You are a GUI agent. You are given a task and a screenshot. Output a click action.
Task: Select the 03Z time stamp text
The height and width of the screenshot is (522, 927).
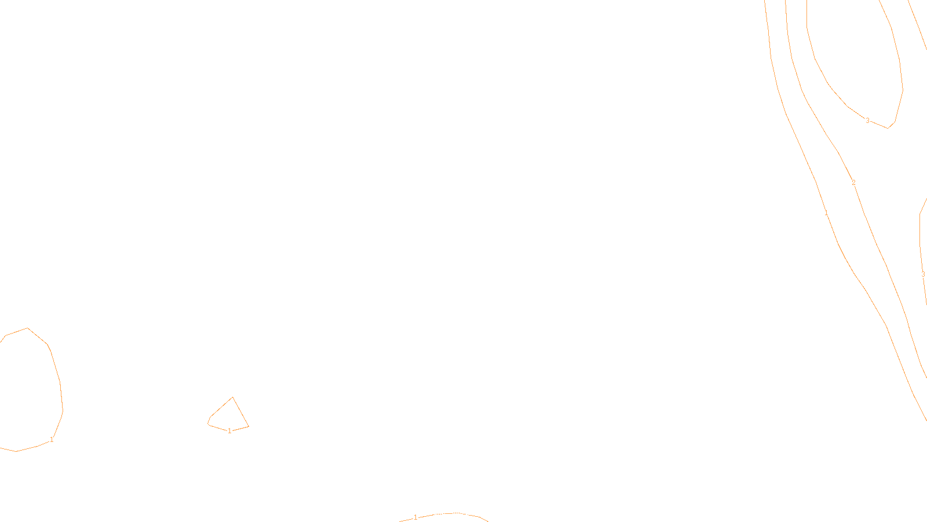click(440, 513)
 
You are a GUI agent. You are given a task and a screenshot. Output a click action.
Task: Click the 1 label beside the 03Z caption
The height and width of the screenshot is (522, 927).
click(415, 517)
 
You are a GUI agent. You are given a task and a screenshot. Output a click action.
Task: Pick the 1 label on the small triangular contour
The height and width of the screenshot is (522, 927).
click(229, 431)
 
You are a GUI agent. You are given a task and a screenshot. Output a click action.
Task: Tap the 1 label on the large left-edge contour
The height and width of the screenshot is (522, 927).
click(52, 440)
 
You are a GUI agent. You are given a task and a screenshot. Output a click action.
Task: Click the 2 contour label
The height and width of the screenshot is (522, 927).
click(853, 183)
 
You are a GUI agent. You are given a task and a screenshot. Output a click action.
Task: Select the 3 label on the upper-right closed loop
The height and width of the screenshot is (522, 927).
click(867, 121)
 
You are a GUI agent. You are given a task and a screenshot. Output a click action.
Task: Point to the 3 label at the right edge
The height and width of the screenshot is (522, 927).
click(923, 274)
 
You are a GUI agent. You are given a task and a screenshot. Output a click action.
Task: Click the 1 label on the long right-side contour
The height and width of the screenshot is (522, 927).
click(826, 213)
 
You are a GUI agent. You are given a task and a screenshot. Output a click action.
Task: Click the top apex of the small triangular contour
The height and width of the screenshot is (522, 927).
click(232, 398)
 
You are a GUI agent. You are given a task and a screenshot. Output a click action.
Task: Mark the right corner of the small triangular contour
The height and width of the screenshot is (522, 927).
click(248, 426)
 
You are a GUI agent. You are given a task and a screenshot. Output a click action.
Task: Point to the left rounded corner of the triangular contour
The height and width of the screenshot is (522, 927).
click(209, 422)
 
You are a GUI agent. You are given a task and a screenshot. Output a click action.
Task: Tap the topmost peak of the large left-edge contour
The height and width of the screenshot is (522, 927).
click(27, 328)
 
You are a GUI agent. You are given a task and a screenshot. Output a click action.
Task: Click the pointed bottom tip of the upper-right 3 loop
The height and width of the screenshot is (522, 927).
click(888, 128)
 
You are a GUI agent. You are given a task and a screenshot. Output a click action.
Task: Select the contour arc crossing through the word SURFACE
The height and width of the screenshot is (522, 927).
click(463, 514)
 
